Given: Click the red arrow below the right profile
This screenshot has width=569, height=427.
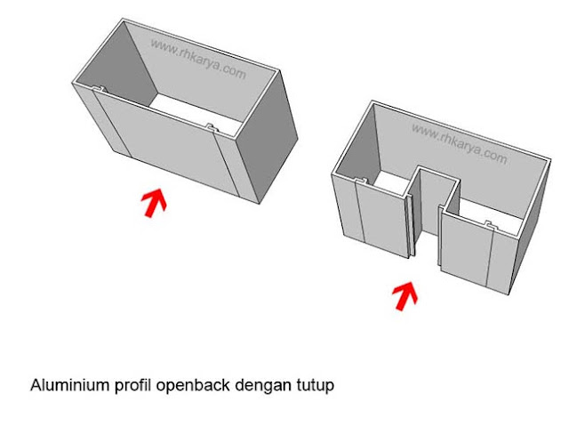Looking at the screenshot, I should pyautogui.click(x=405, y=295).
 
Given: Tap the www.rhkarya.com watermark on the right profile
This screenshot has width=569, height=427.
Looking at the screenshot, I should pyautogui.click(x=459, y=142).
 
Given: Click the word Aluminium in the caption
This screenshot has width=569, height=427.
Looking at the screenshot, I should pyautogui.click(x=64, y=387).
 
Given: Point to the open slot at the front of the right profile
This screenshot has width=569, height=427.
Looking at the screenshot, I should pyautogui.click(x=427, y=231).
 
